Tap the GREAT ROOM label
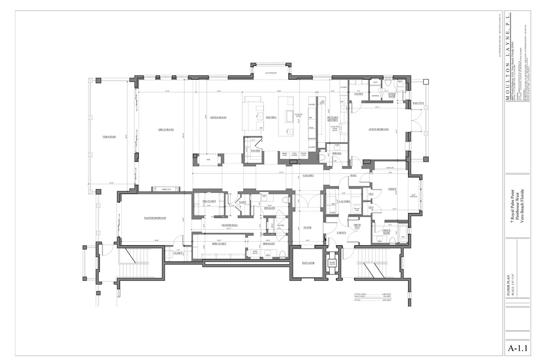click(166, 130)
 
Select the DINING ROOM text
click(218, 117)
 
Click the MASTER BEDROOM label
click(155, 218)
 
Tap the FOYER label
click(307, 228)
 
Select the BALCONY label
click(419, 103)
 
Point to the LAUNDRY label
click(345, 201)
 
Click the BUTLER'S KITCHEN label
click(333, 119)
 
